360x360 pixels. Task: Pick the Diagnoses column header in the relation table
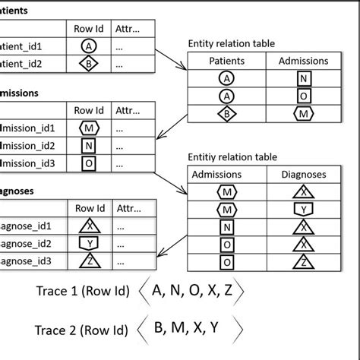(304, 175)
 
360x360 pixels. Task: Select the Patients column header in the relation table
(231, 61)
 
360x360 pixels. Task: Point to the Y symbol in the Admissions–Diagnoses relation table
(304, 209)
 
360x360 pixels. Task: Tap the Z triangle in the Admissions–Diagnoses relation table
(304, 261)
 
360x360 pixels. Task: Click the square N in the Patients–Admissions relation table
(304, 78)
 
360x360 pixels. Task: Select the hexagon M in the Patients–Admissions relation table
(304, 113)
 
